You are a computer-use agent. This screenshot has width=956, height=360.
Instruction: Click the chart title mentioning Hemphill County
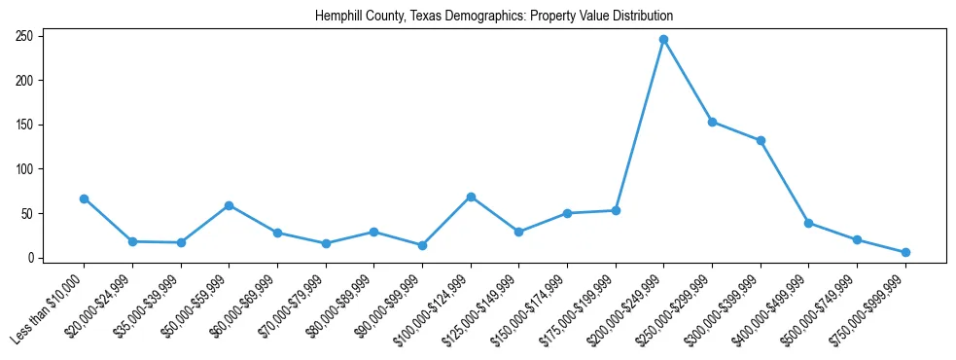494,16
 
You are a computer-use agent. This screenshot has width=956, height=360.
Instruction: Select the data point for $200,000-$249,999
663,40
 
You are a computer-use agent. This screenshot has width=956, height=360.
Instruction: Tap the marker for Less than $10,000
84,198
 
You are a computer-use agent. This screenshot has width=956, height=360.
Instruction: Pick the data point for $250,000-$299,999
712,122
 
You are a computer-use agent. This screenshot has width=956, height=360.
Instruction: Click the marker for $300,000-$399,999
761,140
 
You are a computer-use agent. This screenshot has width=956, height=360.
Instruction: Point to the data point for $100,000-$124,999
471,197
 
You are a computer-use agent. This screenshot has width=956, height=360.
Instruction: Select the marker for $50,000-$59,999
229,205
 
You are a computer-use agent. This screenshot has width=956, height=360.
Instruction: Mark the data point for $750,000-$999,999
905,252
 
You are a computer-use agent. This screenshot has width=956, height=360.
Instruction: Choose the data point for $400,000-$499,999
808,223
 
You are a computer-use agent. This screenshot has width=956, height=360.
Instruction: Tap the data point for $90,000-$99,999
422,245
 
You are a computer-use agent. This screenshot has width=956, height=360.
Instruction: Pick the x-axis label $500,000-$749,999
819,309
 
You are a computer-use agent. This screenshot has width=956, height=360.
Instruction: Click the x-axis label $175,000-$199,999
577,309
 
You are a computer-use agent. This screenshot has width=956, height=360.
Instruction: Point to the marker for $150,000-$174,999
567,213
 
